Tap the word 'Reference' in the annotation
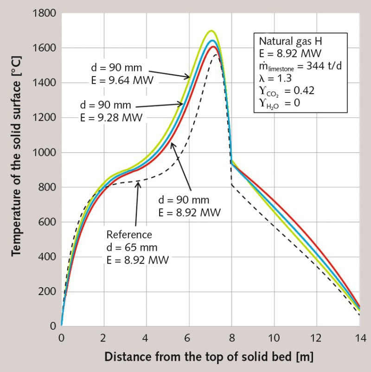click(129, 234)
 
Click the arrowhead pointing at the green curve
click(189, 77)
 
